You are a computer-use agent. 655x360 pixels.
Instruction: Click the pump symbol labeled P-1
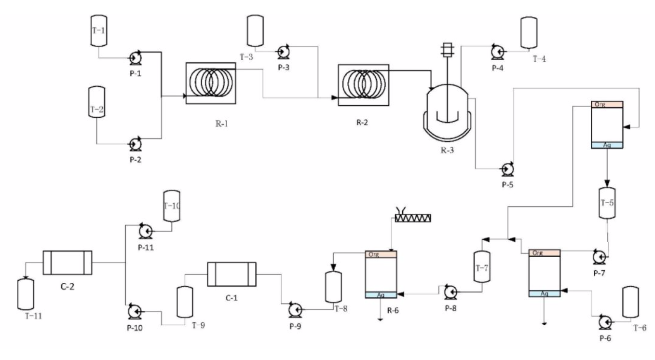click(135, 57)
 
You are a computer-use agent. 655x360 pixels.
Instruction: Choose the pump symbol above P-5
click(507, 169)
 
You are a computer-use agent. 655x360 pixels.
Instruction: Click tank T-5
click(606, 203)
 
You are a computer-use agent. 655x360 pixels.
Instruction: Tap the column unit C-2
click(67, 263)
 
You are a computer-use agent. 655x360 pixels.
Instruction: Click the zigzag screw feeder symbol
click(413, 218)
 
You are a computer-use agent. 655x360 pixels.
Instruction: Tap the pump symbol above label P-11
click(145, 231)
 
